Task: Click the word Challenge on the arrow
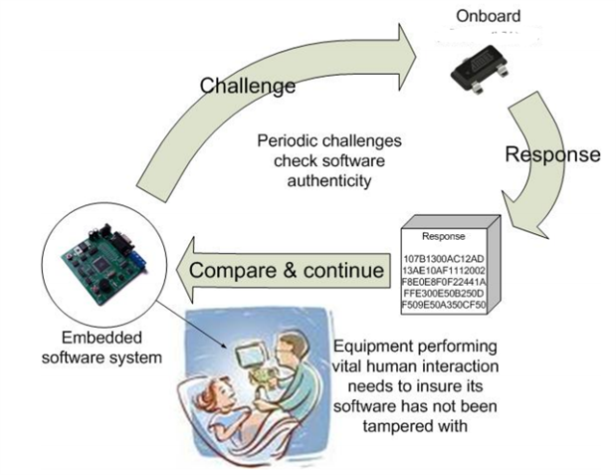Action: pos(248,86)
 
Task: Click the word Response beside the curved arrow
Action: pos(552,154)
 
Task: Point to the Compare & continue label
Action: pos(287,271)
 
